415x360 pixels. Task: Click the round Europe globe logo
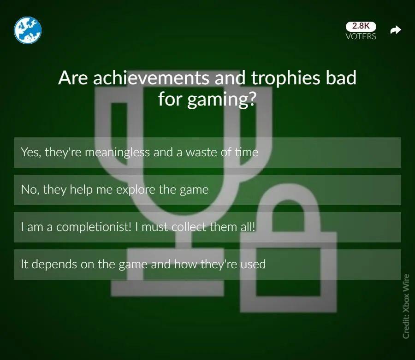click(28, 30)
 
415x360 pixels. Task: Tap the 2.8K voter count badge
click(361, 26)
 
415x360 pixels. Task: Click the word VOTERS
click(361, 36)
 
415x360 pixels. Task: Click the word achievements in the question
click(151, 78)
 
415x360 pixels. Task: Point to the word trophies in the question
click(285, 78)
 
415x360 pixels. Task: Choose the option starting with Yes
click(207, 153)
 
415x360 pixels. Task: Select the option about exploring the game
click(207, 190)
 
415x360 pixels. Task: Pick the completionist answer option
click(207, 227)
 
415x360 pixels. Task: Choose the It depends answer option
click(207, 265)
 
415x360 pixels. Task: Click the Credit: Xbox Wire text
click(406, 306)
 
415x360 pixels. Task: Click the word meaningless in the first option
click(117, 153)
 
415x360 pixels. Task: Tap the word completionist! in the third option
click(94, 227)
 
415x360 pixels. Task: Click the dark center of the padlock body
click(288, 272)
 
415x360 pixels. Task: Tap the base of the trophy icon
click(167, 288)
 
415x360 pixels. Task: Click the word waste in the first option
click(201, 153)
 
